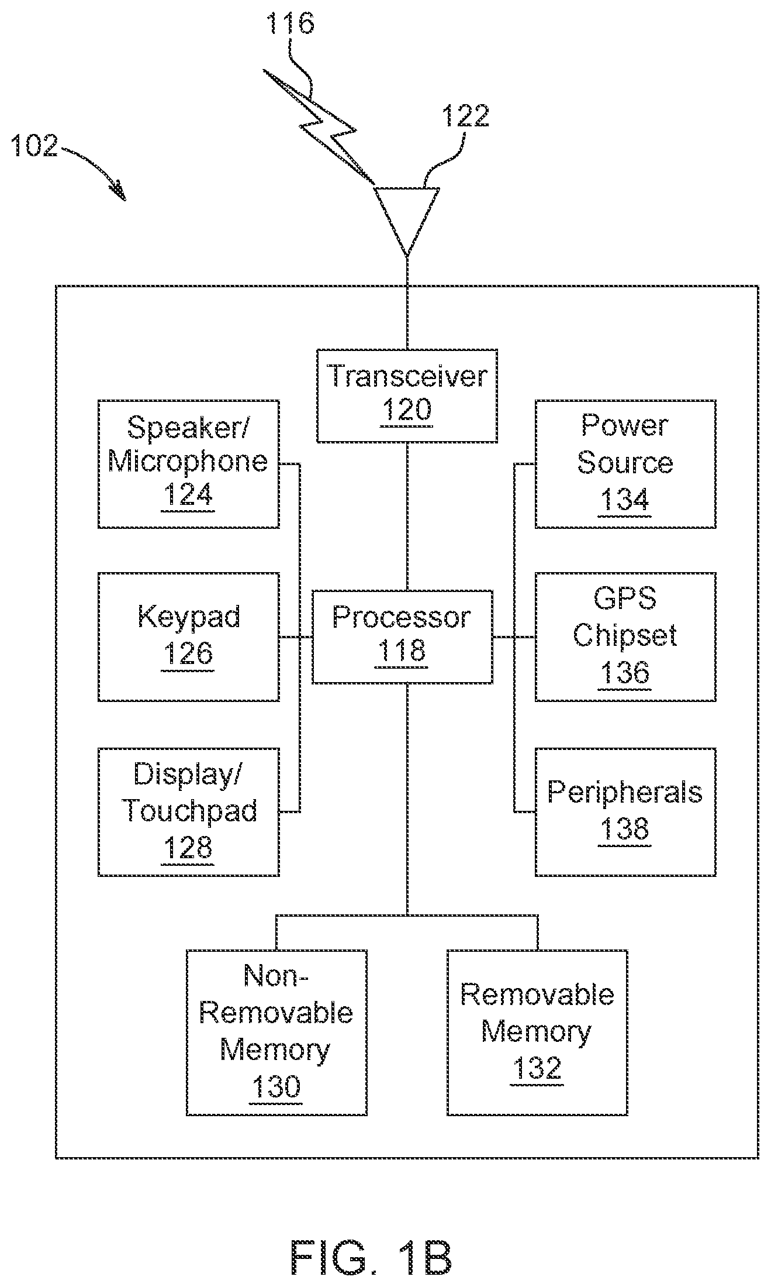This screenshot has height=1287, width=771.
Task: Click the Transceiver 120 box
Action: pyautogui.click(x=406, y=395)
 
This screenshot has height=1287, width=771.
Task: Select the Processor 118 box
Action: pyautogui.click(x=402, y=636)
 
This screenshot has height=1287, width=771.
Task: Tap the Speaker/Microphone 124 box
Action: pyautogui.click(x=188, y=464)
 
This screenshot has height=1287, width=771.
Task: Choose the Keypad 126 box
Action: pyautogui.click(x=188, y=636)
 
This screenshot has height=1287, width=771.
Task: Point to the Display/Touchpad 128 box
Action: pyautogui.click(x=188, y=811)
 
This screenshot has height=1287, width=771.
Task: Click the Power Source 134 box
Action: pyautogui.click(x=625, y=464)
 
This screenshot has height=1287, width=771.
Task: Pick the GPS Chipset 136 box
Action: pyautogui.click(x=625, y=636)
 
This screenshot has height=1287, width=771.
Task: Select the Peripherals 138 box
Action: pyautogui.click(x=625, y=811)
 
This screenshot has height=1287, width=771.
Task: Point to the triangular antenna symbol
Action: pyautogui.click(x=407, y=216)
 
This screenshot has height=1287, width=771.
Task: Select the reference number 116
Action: pyautogui.click(x=290, y=25)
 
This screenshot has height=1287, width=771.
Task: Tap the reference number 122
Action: pyautogui.click(x=465, y=116)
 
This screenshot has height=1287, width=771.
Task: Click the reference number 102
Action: pyautogui.click(x=35, y=145)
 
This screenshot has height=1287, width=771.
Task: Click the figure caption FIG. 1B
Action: pyautogui.click(x=371, y=1258)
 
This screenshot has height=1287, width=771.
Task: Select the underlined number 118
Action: pyautogui.click(x=402, y=651)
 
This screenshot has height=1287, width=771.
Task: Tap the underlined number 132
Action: pyautogui.click(x=537, y=1068)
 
